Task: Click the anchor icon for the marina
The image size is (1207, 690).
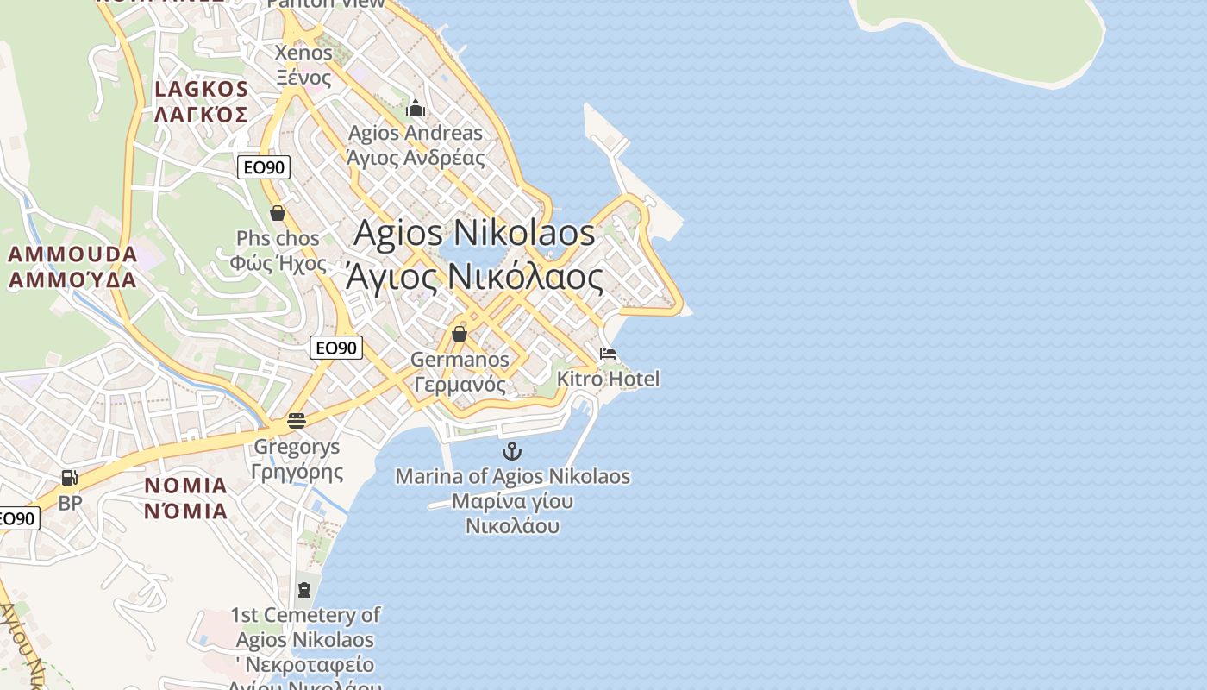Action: (512, 451)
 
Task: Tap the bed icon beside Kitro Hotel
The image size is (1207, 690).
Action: (608, 354)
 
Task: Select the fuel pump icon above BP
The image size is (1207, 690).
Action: (69, 478)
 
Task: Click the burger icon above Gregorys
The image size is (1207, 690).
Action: (296, 421)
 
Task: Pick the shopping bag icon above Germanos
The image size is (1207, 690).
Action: (460, 333)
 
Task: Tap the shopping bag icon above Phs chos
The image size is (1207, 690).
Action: (278, 212)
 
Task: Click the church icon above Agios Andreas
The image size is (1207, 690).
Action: (416, 108)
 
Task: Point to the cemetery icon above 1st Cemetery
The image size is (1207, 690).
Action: (303, 590)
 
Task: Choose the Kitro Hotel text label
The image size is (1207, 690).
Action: (608, 379)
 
